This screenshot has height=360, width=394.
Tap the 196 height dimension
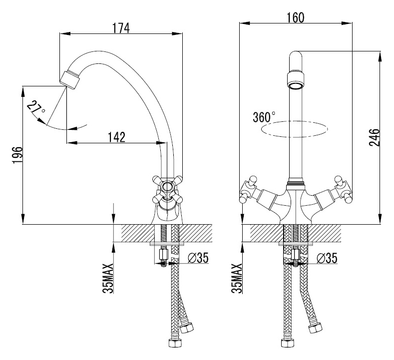click(x=16, y=157)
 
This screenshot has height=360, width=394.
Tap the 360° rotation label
click(x=264, y=117)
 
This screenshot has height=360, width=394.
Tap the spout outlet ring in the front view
click(x=295, y=80)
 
